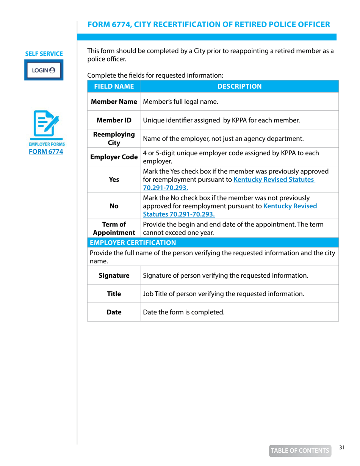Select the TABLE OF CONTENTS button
[299, 450]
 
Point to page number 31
[342, 447]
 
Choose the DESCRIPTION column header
[239, 86]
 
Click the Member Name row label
[114, 102]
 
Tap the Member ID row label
[114, 120]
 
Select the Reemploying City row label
[114, 139]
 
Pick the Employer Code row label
[114, 157]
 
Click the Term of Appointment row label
[114, 228]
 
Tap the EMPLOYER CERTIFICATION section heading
[133, 242]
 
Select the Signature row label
[114, 275]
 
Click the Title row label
[114, 294]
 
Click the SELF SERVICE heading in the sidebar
[44, 54]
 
